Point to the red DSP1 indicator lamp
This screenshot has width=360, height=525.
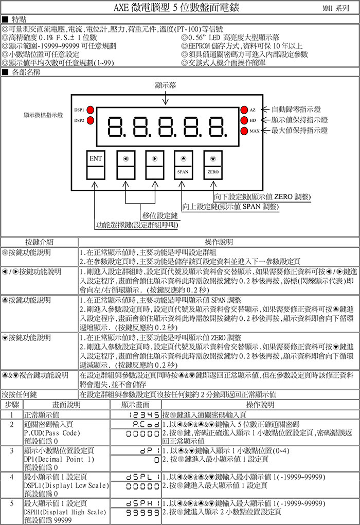point(90,110)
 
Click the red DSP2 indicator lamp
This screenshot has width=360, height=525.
point(90,120)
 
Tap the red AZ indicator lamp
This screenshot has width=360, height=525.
point(244,110)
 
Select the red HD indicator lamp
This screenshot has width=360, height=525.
point(244,120)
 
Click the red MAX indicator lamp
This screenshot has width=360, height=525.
point(244,131)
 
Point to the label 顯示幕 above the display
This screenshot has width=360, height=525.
point(165,85)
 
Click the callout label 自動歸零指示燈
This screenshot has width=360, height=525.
point(296,109)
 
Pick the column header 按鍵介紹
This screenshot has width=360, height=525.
point(40,242)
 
